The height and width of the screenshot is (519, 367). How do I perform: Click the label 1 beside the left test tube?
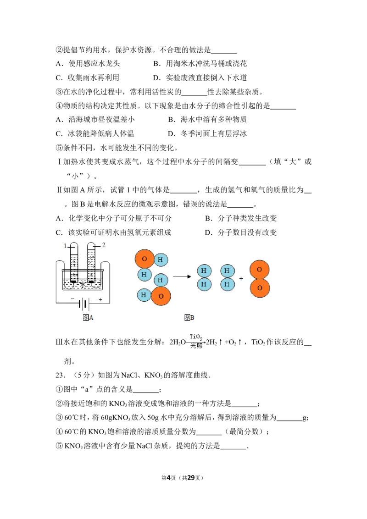[x=65, y=246]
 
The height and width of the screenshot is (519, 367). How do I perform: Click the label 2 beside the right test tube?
[x=104, y=245]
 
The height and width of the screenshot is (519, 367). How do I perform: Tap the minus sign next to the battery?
[x=72, y=298]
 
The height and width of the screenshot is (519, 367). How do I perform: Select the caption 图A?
[x=88, y=318]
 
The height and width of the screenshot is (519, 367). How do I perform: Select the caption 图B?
[x=189, y=318]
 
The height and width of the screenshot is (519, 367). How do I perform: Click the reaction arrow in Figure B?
[x=182, y=276]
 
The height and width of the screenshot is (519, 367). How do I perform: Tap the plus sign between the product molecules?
[x=241, y=279]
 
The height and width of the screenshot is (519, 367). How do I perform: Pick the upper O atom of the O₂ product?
[x=259, y=270]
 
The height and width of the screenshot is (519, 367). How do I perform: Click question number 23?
[x=60, y=375]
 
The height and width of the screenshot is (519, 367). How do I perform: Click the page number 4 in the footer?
[x=168, y=478]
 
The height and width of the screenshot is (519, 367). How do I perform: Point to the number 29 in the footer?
[x=191, y=478]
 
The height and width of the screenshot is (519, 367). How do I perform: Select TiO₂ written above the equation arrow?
[x=196, y=337]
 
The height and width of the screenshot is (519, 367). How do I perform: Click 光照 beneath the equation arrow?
[x=196, y=346]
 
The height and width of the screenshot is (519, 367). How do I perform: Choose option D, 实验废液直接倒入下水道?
[x=200, y=78]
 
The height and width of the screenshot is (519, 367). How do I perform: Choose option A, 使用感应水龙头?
[x=88, y=64]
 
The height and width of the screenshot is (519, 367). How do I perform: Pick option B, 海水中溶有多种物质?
[x=207, y=120]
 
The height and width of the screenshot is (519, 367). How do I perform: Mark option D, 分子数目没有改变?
[x=241, y=233]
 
